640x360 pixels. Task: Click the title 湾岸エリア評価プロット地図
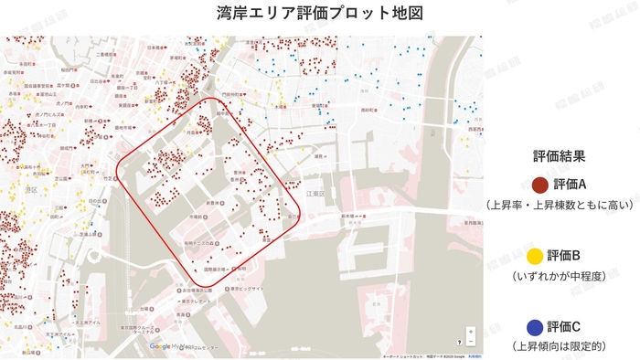pyautogui.click(x=320, y=15)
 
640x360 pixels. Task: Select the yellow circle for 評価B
pyautogui.click(x=539, y=255)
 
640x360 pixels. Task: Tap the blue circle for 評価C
pyautogui.click(x=539, y=326)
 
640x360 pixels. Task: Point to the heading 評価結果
pyautogui.click(x=559, y=155)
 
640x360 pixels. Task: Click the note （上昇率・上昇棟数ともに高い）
pyautogui.click(x=559, y=206)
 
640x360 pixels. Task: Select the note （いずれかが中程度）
pyautogui.click(x=559, y=275)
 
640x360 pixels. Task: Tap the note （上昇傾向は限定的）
pyautogui.click(x=559, y=346)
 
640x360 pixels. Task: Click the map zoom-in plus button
pyautogui.click(x=471, y=332)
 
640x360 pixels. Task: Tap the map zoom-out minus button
pyautogui.click(x=471, y=344)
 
